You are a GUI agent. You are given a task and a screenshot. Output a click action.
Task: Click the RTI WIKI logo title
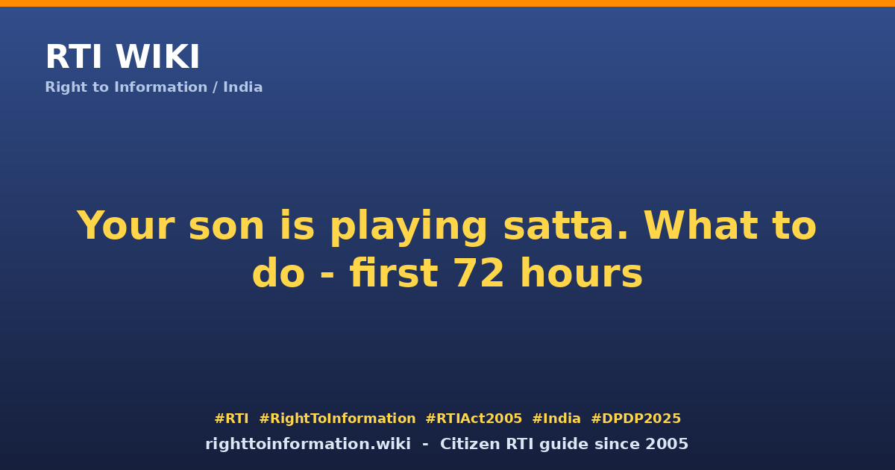pos(122,57)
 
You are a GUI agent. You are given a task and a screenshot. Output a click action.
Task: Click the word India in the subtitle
pos(242,87)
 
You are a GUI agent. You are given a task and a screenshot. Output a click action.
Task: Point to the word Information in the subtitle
pos(160,87)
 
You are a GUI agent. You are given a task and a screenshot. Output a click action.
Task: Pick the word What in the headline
pos(701,225)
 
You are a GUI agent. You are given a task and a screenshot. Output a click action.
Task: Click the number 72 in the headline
pos(479,273)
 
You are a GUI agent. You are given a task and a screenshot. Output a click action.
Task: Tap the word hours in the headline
pos(581,273)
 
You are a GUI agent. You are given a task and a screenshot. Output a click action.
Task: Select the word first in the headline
pos(394,273)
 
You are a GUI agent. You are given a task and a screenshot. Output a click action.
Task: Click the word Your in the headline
pos(125,225)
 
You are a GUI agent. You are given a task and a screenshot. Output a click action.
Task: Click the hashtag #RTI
pos(231,419)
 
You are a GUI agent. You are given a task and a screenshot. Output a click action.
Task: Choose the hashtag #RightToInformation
pos(337,419)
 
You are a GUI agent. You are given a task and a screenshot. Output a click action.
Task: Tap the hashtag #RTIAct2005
pos(474,419)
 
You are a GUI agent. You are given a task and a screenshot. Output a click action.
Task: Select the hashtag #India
pos(556,419)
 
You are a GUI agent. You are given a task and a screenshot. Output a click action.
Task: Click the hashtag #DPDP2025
pos(635,419)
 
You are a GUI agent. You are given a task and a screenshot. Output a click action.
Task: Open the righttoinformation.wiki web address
pos(308,444)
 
